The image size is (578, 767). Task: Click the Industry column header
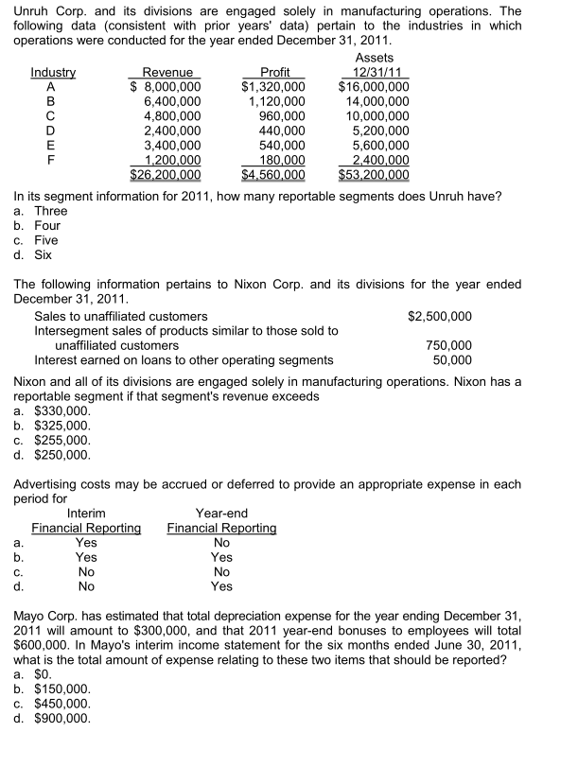point(54,73)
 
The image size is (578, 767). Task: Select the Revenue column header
point(167,73)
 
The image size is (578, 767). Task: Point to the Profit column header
point(274,73)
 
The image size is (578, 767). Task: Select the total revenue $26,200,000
point(165,174)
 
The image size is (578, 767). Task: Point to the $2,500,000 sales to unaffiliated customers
point(440,316)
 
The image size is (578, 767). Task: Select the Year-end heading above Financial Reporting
point(221,514)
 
